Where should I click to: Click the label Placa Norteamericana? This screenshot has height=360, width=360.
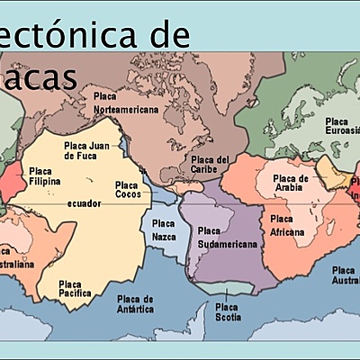(x=126, y=102)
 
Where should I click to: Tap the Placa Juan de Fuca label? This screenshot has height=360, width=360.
(x=86, y=150)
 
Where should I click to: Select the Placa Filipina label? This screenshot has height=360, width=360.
(x=40, y=175)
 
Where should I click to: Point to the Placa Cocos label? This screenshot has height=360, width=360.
(x=127, y=190)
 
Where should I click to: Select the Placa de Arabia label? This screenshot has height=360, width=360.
(x=291, y=183)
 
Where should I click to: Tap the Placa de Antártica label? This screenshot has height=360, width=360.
(x=135, y=303)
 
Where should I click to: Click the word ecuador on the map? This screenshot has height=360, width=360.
(x=83, y=203)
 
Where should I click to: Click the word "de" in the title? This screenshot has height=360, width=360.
(x=170, y=36)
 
